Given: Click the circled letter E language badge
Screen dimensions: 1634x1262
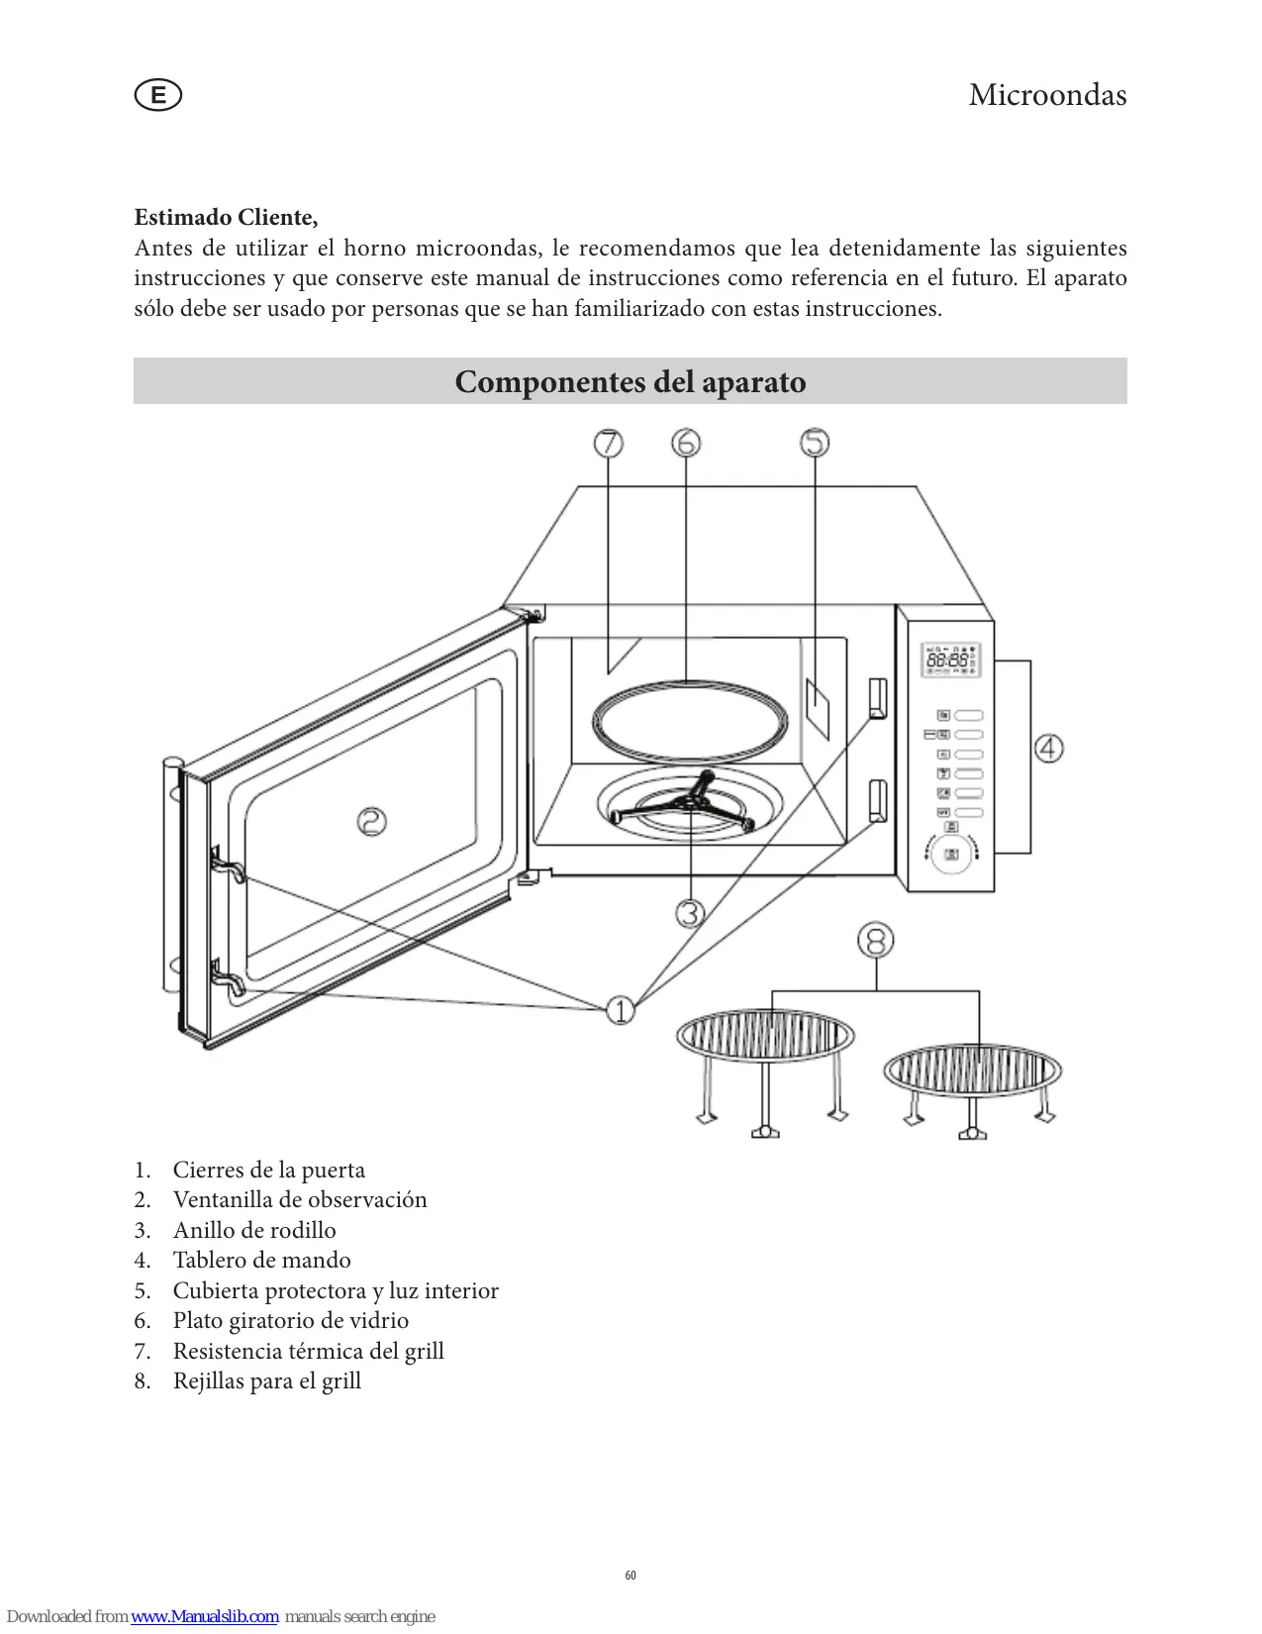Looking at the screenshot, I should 157,96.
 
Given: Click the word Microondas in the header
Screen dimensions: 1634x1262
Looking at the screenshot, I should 1047,95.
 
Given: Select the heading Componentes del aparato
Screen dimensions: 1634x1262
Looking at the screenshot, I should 631,382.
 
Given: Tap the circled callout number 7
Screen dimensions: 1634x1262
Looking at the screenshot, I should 609,443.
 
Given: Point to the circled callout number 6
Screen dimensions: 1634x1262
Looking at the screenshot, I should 686,443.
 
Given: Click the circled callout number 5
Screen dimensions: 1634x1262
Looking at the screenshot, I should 815,443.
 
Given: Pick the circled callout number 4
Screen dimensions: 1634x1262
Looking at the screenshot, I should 1049,748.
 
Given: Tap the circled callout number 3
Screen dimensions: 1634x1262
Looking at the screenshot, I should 690,912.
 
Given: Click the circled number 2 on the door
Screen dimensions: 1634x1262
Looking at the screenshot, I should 371,821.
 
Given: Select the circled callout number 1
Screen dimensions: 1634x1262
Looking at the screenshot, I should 621,1010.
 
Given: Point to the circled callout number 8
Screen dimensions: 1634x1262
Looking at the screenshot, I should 876,940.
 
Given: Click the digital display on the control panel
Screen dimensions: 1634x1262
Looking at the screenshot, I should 951,659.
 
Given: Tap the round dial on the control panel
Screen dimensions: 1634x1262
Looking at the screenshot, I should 951,854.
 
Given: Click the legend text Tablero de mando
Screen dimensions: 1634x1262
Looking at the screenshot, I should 261,1260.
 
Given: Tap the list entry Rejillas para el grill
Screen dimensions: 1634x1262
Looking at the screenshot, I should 266,1380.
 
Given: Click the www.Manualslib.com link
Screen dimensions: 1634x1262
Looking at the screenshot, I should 205,1616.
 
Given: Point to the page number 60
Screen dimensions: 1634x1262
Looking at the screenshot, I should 631,1575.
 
